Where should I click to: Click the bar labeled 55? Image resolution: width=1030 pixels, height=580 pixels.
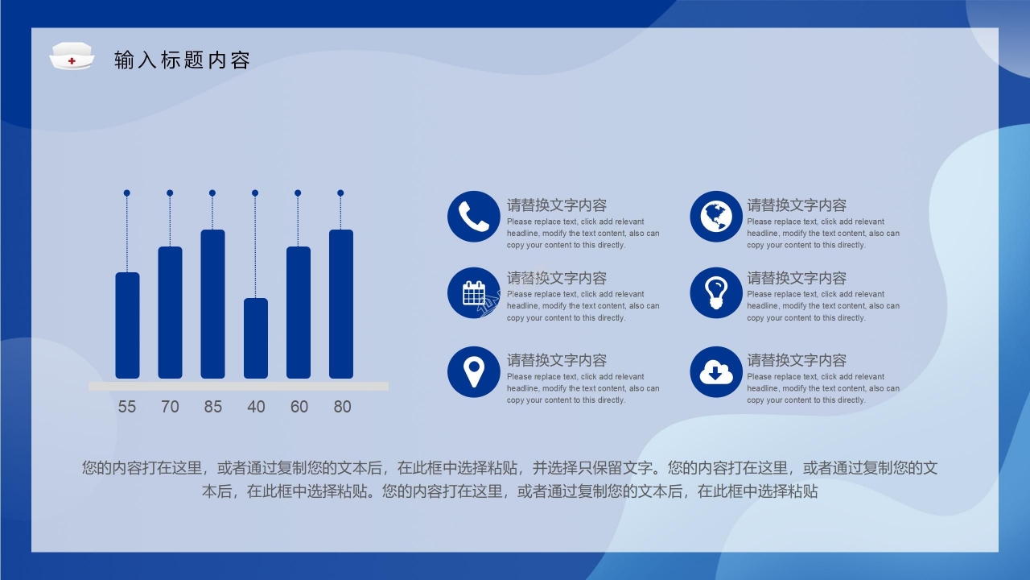tap(127, 325)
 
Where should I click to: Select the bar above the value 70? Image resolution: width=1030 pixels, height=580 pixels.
tap(170, 313)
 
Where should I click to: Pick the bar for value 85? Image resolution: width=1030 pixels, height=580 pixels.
tap(212, 304)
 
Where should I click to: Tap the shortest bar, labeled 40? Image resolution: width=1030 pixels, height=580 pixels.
tap(256, 338)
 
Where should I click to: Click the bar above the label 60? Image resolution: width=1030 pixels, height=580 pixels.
tap(299, 313)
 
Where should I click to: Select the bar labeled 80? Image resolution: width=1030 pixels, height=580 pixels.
tap(341, 304)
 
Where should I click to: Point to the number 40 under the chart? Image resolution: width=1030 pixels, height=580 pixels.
tap(256, 407)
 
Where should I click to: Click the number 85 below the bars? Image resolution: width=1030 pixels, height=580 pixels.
tap(212, 407)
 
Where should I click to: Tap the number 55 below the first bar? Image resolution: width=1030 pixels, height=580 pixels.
tap(127, 407)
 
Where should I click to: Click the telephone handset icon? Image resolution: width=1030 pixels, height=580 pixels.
tap(474, 217)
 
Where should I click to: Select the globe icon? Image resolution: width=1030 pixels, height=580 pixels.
tap(715, 217)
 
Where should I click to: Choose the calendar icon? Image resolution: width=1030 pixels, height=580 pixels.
tap(474, 293)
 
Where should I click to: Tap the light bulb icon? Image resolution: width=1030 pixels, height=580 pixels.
tap(715, 293)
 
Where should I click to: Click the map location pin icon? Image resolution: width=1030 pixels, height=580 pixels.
tap(474, 371)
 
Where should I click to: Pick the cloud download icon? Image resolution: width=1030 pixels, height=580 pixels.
tap(715, 371)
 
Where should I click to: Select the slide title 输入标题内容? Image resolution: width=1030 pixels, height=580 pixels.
tap(183, 60)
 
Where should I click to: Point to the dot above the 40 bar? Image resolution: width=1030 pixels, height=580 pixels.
tap(255, 193)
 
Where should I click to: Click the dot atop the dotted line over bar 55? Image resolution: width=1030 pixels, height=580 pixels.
tap(127, 193)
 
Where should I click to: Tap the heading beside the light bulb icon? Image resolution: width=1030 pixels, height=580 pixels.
tap(797, 278)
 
